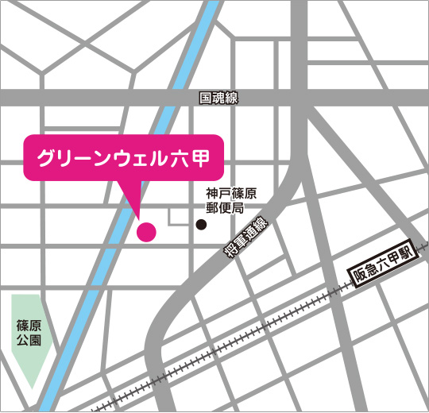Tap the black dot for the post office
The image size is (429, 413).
coord(201,225)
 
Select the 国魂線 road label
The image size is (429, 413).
coord(218,98)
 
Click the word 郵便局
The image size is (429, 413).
coord(225,208)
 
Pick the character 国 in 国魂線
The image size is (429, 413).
coord(206,98)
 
